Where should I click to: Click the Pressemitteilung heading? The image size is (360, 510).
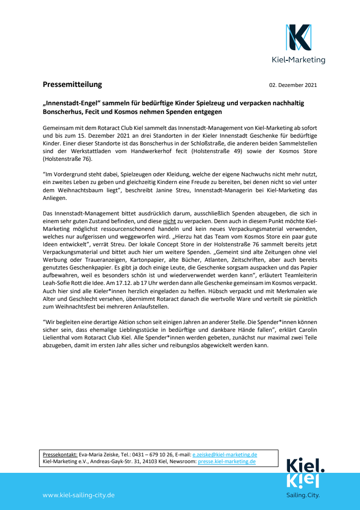(x=72, y=85)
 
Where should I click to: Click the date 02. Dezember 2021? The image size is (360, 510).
(x=293, y=85)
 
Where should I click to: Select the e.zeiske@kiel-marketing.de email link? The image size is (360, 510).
(x=224, y=454)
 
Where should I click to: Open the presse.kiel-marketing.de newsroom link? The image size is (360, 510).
(x=227, y=461)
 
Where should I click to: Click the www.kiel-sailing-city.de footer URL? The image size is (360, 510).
(x=79, y=495)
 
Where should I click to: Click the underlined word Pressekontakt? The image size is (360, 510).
(x=60, y=454)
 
